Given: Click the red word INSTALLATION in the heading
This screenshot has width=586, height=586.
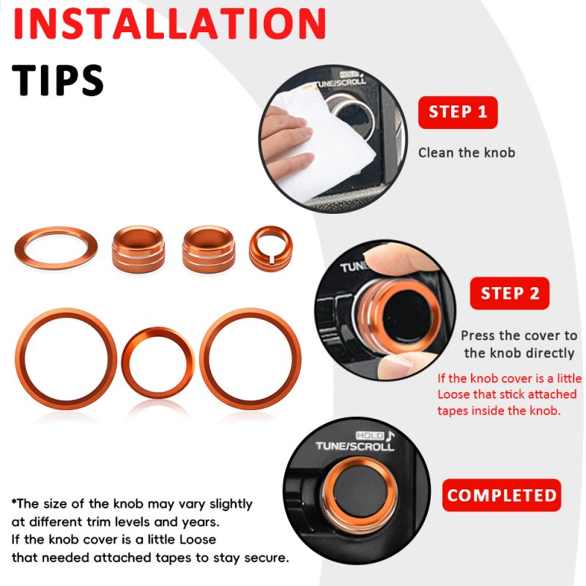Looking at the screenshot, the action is [x=169, y=23].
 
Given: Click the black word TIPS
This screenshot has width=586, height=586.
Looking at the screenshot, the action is [x=58, y=80].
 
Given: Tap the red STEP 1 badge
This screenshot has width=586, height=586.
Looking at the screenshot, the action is [x=458, y=112].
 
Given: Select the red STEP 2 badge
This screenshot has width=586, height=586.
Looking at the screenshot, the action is [x=510, y=293].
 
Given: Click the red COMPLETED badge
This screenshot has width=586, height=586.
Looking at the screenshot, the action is [x=502, y=495].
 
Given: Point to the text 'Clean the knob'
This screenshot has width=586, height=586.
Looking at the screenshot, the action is [x=467, y=152].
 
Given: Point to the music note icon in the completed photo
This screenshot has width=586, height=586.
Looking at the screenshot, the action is [x=390, y=436].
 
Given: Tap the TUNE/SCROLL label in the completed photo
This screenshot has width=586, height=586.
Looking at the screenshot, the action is [x=355, y=446].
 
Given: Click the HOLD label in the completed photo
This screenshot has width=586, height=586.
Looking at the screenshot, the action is [x=370, y=435].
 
